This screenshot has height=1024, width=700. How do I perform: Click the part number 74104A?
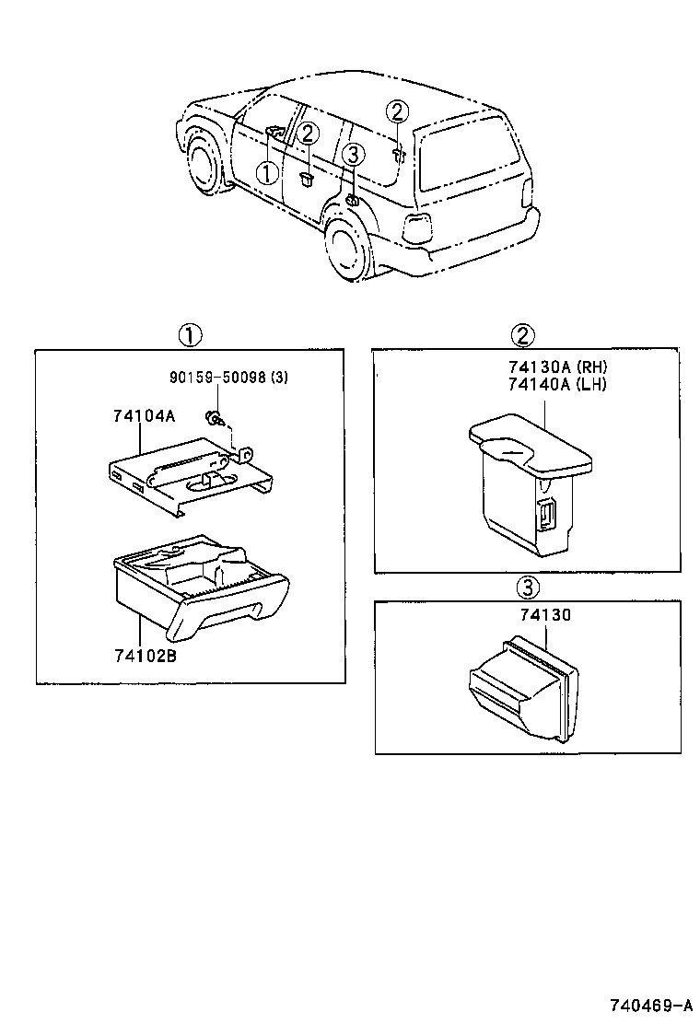click(143, 416)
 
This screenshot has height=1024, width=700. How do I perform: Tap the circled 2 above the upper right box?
click(523, 334)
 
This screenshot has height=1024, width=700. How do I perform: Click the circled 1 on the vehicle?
click(265, 172)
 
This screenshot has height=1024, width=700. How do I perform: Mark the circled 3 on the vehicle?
click(356, 155)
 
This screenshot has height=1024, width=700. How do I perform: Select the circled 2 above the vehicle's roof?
click(396, 112)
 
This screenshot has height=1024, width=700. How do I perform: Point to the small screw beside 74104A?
click(215, 418)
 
